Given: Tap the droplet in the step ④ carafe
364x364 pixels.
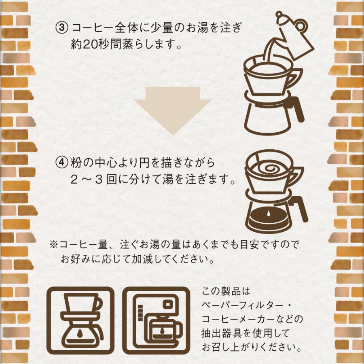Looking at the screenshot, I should point(269,212).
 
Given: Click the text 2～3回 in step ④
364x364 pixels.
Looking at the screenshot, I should point(96,178).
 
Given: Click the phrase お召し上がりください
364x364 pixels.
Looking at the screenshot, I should point(252,347).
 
